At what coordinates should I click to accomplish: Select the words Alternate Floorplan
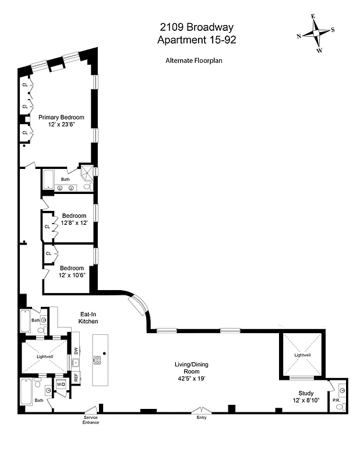[194, 60]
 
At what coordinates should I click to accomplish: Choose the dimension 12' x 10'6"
[71, 276]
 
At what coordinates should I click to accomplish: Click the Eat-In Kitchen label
[89, 317]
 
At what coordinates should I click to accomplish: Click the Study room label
[306, 394]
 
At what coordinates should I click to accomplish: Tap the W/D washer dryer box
[61, 384]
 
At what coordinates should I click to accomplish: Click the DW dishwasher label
[76, 350]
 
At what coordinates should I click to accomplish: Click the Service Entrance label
[90, 420]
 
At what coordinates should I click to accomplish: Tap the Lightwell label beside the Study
[302, 355]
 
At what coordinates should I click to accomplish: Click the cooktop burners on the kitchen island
[97, 360]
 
